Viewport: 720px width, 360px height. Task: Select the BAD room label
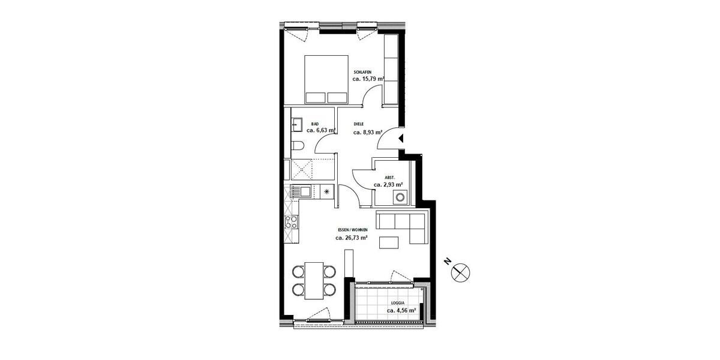click(315, 123)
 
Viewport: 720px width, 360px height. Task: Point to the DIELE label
click(359, 125)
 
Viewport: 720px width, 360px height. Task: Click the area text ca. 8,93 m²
click(367, 133)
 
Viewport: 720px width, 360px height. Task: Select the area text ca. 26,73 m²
click(352, 238)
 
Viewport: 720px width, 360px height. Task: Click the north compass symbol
click(460, 272)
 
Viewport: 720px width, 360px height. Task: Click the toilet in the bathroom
click(298, 146)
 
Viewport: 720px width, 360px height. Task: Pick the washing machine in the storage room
click(398, 198)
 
